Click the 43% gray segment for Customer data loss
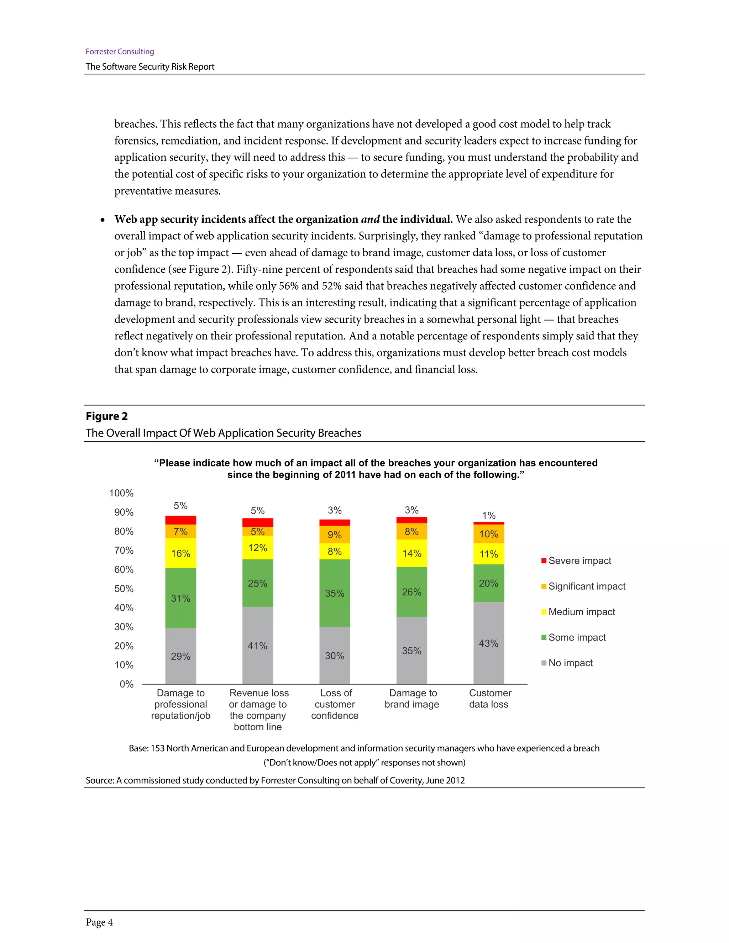[x=488, y=643]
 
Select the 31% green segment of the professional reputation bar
[x=180, y=598]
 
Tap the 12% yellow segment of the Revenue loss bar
[x=257, y=548]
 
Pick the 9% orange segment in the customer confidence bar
[x=334, y=534]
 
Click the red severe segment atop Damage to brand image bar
[x=411, y=520]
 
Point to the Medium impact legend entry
[x=578, y=612]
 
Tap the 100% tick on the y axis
[x=121, y=493]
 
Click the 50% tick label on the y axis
[x=124, y=589]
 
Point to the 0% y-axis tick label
[x=126, y=684]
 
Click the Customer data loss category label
[x=489, y=699]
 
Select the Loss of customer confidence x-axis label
[x=335, y=704]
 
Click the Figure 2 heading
[x=107, y=416]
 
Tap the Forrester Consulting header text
[x=120, y=51]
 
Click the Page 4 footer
[x=99, y=922]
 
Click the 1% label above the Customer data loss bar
[x=488, y=516]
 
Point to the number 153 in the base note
[x=158, y=748]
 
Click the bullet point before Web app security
[x=103, y=220]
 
